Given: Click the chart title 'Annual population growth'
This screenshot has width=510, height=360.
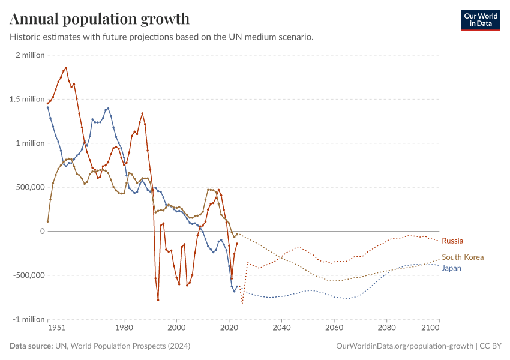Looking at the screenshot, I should click(100, 19).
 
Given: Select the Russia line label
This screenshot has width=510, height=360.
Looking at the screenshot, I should click(452, 241).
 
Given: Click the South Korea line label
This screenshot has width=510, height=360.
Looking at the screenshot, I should click(462, 257).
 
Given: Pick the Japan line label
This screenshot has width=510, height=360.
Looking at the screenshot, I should click(451, 268).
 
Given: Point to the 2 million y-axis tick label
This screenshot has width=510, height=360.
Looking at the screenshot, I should click(28, 55).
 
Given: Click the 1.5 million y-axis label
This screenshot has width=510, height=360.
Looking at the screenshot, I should click(26, 99).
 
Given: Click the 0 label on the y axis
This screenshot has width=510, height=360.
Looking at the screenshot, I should click(42, 231).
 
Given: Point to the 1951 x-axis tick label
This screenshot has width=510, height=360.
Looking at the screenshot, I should click(56, 328).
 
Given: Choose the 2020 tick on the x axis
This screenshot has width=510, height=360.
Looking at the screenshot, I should click(229, 328).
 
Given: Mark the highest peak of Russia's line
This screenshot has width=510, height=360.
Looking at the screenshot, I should click(66, 67).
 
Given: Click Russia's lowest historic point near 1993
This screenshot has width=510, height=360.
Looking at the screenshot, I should click(158, 300).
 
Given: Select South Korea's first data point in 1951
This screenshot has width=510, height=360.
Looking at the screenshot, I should click(48, 221).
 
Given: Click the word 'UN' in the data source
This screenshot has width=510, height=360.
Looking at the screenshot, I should click(61, 346).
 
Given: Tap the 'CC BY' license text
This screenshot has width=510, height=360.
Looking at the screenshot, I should click(491, 346).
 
